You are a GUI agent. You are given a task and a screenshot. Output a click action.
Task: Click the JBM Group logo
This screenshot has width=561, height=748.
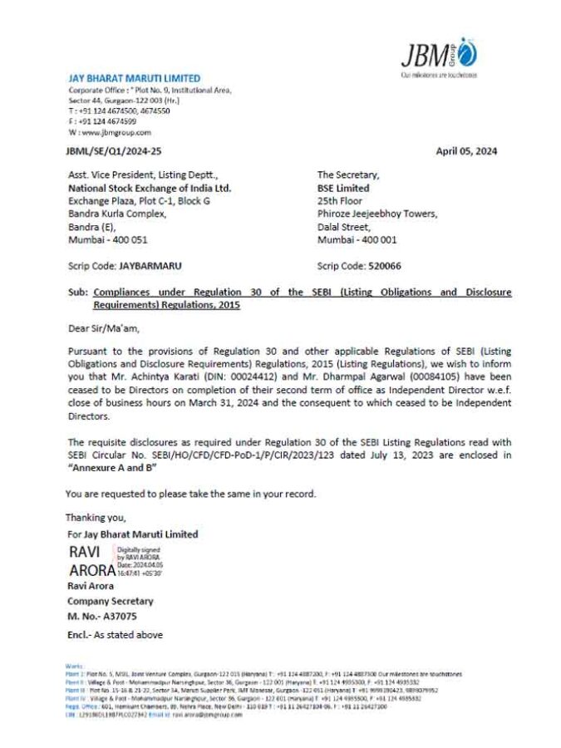pyautogui.click(x=438, y=56)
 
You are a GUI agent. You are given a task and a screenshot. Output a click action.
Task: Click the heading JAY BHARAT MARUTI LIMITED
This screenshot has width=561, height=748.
pyautogui.click(x=134, y=78)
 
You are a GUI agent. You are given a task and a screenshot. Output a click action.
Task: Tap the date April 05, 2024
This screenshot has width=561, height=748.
pyautogui.click(x=466, y=151)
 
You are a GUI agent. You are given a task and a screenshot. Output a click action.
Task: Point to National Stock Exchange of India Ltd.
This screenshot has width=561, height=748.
pyautogui.click(x=150, y=188)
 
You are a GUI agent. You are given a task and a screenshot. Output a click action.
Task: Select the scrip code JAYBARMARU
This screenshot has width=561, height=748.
pyautogui.click(x=150, y=266)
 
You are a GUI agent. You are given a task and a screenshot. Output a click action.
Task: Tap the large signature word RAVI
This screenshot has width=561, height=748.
pyautogui.click(x=85, y=553)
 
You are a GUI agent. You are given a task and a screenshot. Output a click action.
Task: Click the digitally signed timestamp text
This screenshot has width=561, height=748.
pyautogui.click(x=139, y=561)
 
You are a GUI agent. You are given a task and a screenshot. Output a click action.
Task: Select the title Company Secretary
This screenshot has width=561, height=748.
pyautogui.click(x=111, y=601)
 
